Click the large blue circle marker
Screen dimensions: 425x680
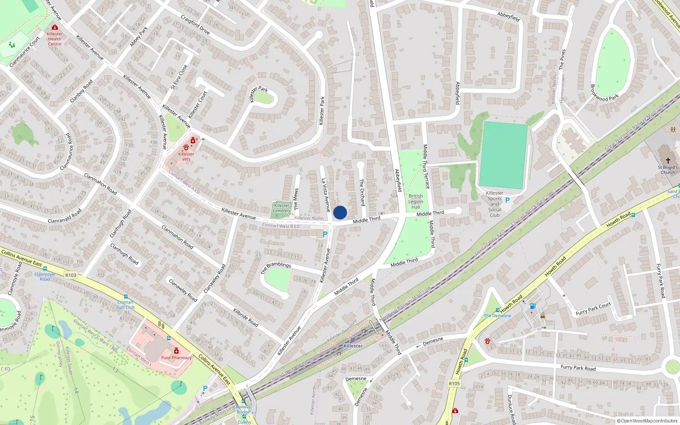pos(340,212)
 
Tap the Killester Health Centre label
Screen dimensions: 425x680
pos(54,39)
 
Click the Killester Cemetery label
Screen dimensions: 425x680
pos(281,208)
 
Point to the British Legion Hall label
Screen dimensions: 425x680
pos(416,201)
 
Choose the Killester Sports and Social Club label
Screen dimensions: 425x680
pos(495,204)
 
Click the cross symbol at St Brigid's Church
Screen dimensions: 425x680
pos(668,161)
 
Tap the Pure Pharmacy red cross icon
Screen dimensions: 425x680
pos(176,351)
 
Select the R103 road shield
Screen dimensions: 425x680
pos(71,275)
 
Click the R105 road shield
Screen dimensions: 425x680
pos(454,383)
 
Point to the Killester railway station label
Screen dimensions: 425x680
pos(353,346)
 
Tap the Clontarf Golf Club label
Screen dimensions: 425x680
pos(125,305)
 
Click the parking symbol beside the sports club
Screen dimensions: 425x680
pos(507,200)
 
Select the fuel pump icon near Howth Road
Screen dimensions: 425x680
pos(532,306)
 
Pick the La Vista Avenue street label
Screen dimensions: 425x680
pos(326,195)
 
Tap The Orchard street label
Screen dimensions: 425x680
pos(362,192)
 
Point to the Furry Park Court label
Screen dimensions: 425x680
pos(593,309)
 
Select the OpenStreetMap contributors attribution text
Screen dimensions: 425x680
pos(647,421)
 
